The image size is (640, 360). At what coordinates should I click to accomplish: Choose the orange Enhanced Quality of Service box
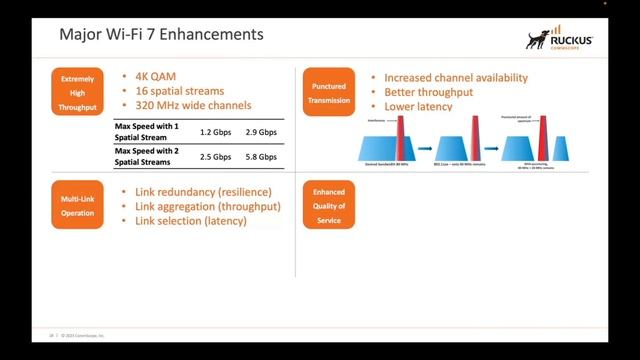click(x=328, y=206)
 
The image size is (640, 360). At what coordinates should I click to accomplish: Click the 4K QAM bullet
click(x=147, y=75)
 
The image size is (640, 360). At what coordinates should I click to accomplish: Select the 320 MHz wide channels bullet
click(x=185, y=105)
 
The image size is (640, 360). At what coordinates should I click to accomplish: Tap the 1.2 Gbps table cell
click(x=215, y=132)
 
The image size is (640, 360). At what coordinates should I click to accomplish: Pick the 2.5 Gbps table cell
click(x=215, y=157)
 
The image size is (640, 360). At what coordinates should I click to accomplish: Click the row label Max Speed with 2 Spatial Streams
click(x=150, y=156)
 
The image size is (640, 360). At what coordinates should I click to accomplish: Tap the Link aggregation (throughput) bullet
click(x=200, y=206)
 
